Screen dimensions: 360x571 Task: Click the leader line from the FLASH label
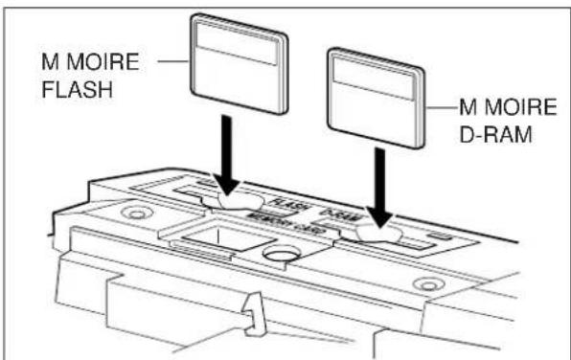[174, 62]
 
